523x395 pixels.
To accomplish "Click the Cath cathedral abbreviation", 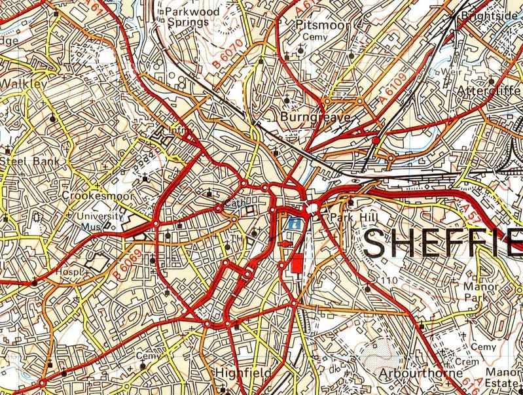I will [234, 203].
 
